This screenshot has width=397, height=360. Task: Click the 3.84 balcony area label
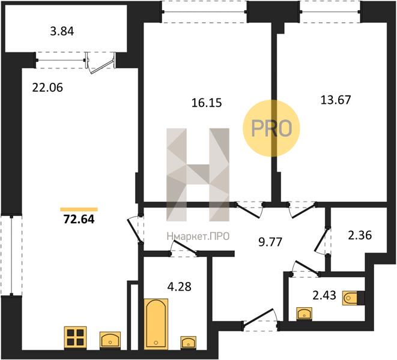point(62,32)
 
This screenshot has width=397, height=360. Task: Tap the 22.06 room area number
point(47,88)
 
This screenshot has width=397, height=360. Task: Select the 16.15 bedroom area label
point(207,103)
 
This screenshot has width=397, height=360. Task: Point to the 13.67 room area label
point(336,100)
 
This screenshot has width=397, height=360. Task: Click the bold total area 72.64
point(79,219)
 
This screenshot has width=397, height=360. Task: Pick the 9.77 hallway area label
point(270,242)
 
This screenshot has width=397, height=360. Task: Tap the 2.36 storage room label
point(360,235)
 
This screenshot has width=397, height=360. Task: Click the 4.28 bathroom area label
point(180,287)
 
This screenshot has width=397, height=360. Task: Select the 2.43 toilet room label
point(324,295)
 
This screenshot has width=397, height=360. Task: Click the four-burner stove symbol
point(76,337)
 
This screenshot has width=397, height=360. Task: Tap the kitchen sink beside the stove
point(110,340)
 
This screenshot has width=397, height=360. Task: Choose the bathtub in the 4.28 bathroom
point(156,324)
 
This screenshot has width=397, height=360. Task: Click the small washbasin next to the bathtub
point(189,343)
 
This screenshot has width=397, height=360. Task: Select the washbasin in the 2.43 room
point(305,314)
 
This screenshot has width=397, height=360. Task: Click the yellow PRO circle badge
point(271,128)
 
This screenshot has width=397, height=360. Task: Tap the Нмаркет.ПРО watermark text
point(198,236)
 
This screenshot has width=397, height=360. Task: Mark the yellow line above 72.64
point(79,209)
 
